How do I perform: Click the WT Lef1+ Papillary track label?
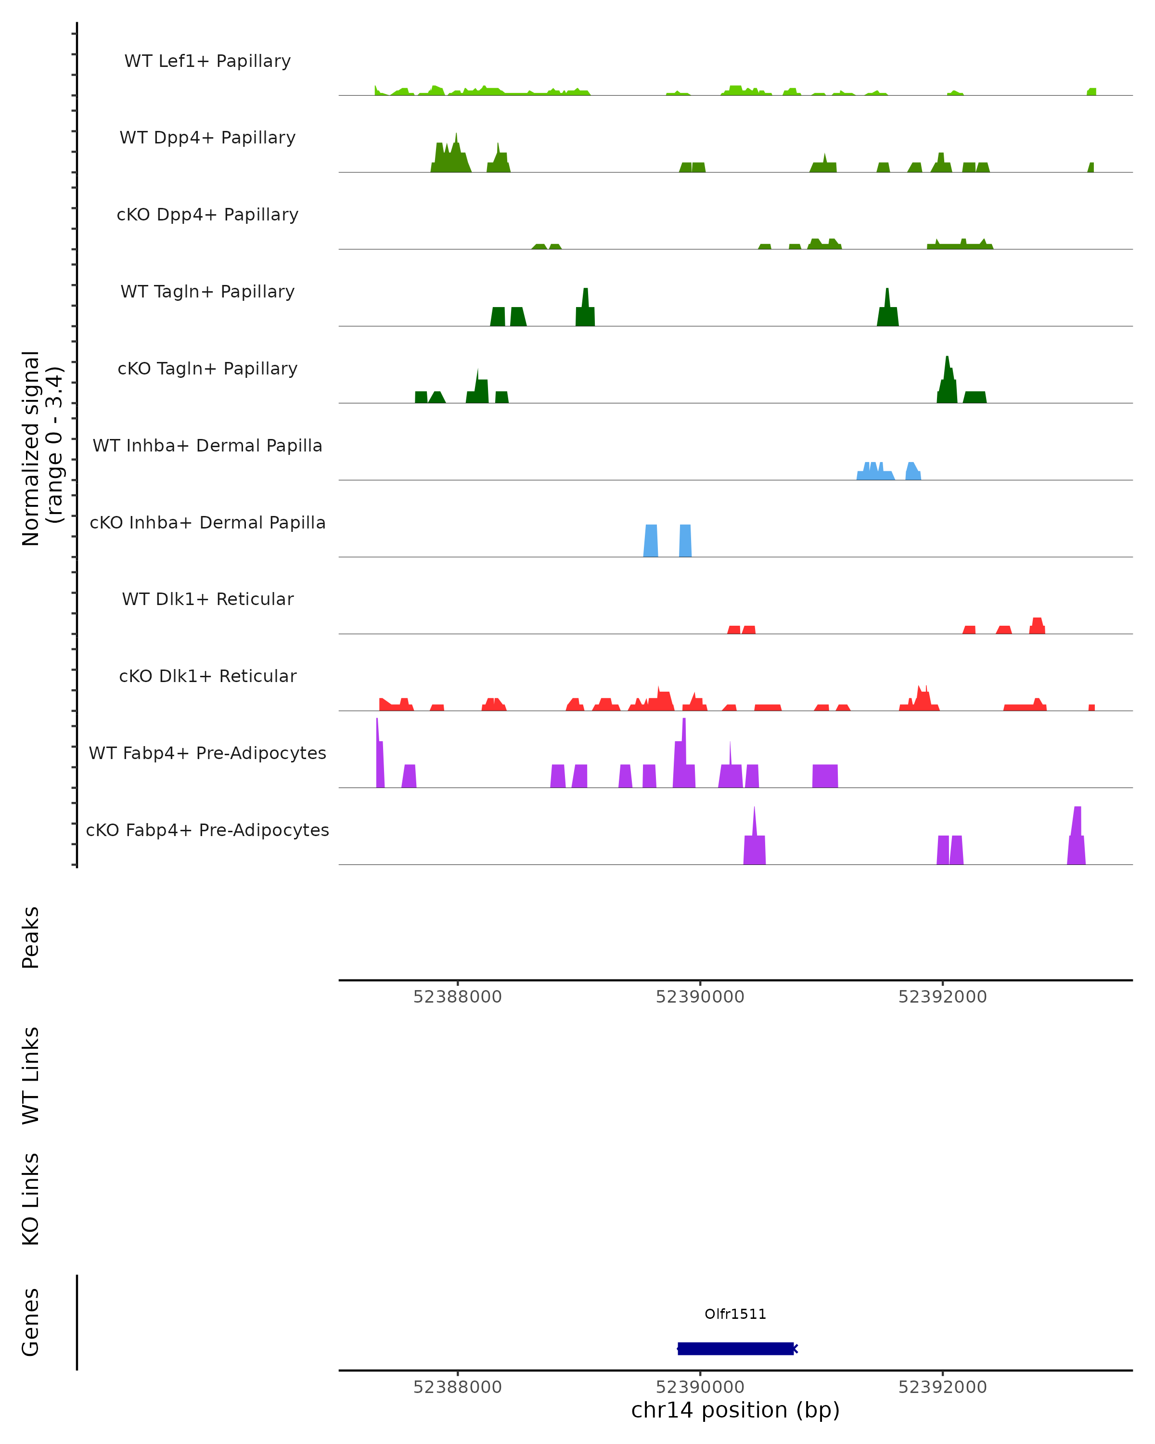coord(207,61)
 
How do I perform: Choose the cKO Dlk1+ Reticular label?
coord(207,676)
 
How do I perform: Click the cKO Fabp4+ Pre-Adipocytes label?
coord(207,830)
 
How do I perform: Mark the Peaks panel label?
coord(31,937)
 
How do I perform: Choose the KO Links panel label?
coord(31,1199)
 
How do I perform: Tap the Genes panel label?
coord(31,1322)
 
